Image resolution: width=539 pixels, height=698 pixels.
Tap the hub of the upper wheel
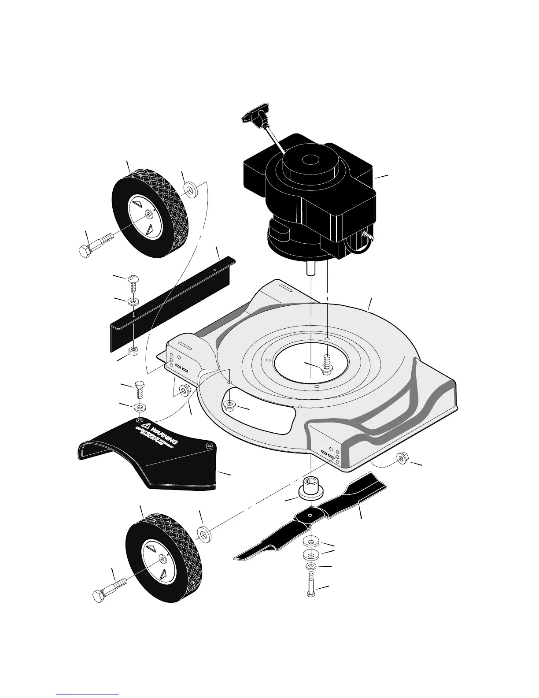pos(149,214)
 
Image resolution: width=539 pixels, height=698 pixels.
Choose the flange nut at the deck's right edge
pos(401,458)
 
